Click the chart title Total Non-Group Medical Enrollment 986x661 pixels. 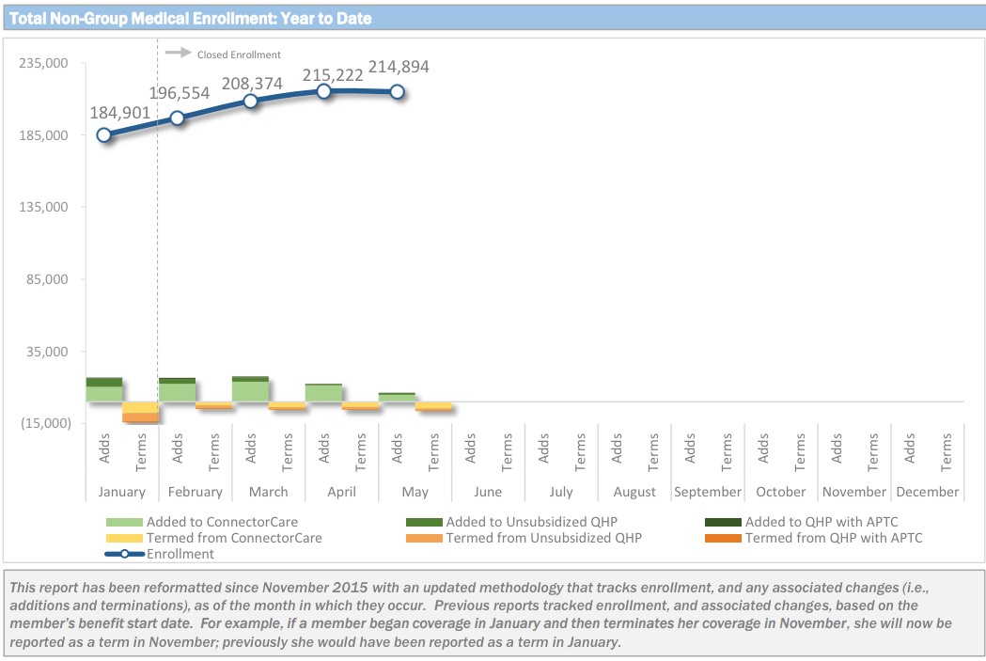coord(190,18)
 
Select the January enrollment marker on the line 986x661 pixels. coord(103,134)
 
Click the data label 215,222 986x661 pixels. coord(333,74)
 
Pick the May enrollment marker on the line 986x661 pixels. coord(397,91)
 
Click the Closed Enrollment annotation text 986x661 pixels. coord(239,55)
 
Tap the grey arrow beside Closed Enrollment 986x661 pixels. coord(178,53)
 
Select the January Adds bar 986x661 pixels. coord(104,389)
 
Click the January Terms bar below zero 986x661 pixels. coord(140,413)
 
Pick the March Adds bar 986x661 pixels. coord(250,389)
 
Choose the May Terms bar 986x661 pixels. coord(433,406)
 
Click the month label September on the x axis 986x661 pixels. coord(708,492)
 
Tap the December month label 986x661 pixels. coord(928,492)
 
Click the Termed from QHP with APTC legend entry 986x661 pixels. coord(833,538)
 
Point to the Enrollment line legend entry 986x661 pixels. coord(180,554)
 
